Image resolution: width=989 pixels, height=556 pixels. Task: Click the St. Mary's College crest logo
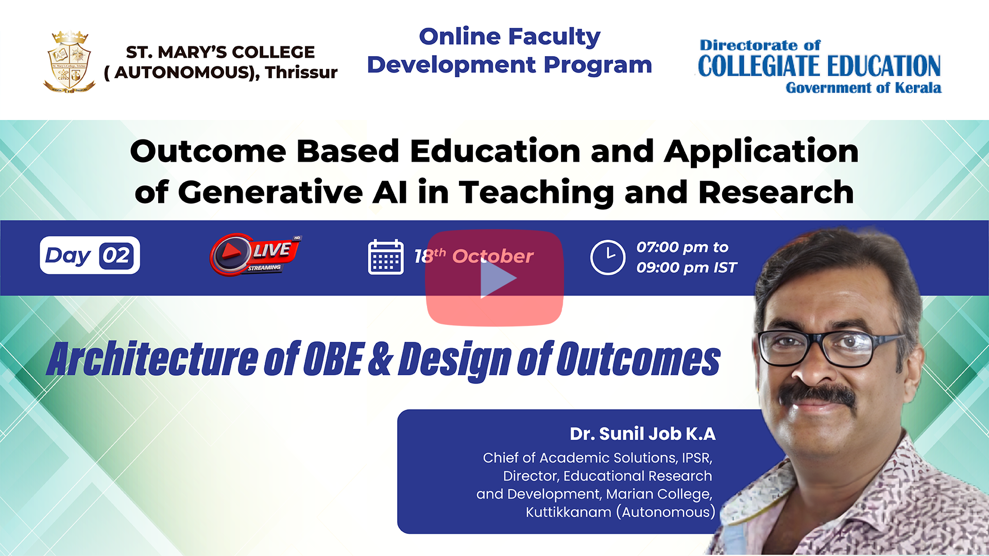[70, 62]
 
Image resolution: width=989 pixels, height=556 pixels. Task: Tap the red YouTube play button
[494, 278]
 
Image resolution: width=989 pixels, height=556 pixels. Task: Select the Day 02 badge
[90, 255]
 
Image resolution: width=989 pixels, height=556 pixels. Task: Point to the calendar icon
[386, 256]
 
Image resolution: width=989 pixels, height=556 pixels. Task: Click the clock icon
[608, 257]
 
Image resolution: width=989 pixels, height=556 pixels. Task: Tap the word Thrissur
[301, 73]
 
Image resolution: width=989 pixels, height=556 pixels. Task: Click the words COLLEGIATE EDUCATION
[819, 66]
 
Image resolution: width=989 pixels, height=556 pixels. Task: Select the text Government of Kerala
[863, 88]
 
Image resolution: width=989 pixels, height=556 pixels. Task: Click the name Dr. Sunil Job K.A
[642, 434]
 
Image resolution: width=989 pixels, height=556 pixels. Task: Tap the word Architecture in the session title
[153, 359]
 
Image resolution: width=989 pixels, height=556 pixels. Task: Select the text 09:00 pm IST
[687, 268]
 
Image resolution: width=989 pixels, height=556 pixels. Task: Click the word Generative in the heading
[271, 193]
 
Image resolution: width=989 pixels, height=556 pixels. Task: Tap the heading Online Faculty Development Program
[509, 51]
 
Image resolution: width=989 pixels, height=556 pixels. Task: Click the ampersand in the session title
[381, 359]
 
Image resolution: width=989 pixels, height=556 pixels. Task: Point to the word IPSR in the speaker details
[697, 458]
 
